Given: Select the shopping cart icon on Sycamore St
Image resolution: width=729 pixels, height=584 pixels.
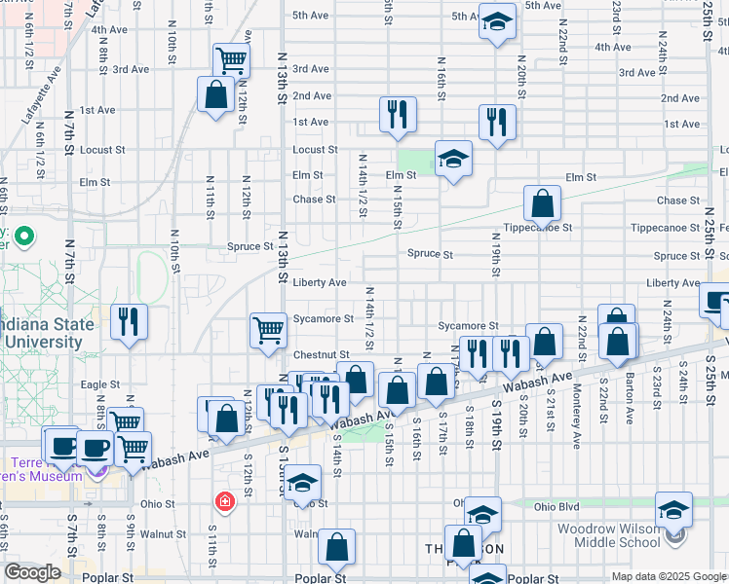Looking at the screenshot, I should [x=268, y=328].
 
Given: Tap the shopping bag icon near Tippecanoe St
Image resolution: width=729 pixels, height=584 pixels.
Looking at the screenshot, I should [x=542, y=202].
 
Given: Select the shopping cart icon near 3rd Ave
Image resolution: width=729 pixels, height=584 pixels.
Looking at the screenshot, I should [x=232, y=60].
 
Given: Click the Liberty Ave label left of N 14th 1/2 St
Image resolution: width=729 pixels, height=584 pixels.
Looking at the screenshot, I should [x=320, y=283].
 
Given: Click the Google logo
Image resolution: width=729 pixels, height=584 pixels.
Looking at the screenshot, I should [x=33, y=572].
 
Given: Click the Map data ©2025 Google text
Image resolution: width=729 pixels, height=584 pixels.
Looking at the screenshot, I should [x=668, y=576].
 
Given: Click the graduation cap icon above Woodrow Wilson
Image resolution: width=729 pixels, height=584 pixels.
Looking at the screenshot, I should [x=673, y=509].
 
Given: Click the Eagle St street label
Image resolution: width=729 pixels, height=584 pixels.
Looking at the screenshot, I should [x=101, y=385].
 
